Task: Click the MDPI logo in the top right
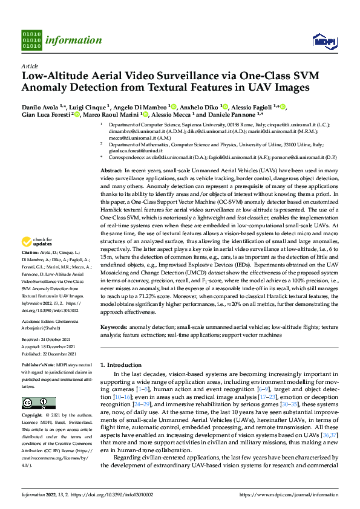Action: (x=324, y=41)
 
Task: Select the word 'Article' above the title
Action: (x=30, y=65)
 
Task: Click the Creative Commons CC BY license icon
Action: (x=34, y=404)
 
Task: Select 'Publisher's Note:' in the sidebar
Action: (x=38, y=366)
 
